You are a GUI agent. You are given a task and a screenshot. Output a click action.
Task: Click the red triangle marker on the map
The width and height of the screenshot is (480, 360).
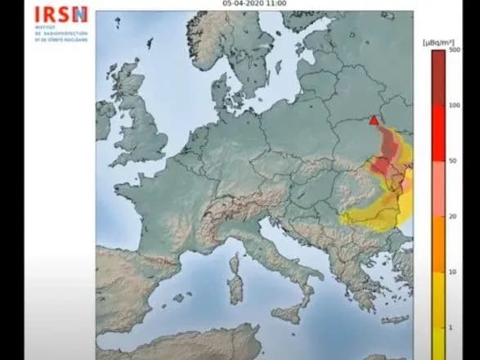pos(374,121)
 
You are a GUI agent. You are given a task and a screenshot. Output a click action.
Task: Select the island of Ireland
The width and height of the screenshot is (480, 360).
pos(105,120)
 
